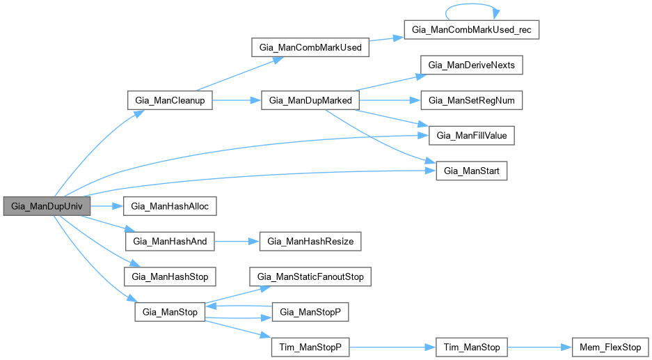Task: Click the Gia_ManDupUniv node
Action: [x=47, y=206]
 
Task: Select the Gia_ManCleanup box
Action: [x=169, y=100]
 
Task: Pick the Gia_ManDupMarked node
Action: [x=310, y=100]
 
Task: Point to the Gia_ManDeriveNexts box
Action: [x=471, y=65]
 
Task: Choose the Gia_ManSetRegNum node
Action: [x=471, y=100]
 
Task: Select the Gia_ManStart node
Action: [x=471, y=171]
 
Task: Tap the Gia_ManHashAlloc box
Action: [x=170, y=206]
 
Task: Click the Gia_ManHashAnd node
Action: [x=170, y=242]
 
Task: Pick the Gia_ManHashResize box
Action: [x=310, y=242]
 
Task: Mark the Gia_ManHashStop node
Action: [x=169, y=276]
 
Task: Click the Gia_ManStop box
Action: [x=169, y=312]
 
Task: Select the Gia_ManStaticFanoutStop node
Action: [x=310, y=276]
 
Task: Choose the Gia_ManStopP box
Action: [x=310, y=312]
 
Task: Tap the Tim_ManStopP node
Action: [x=310, y=347]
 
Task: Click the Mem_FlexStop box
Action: [x=610, y=347]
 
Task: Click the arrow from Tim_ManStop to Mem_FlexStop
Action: [x=539, y=347]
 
